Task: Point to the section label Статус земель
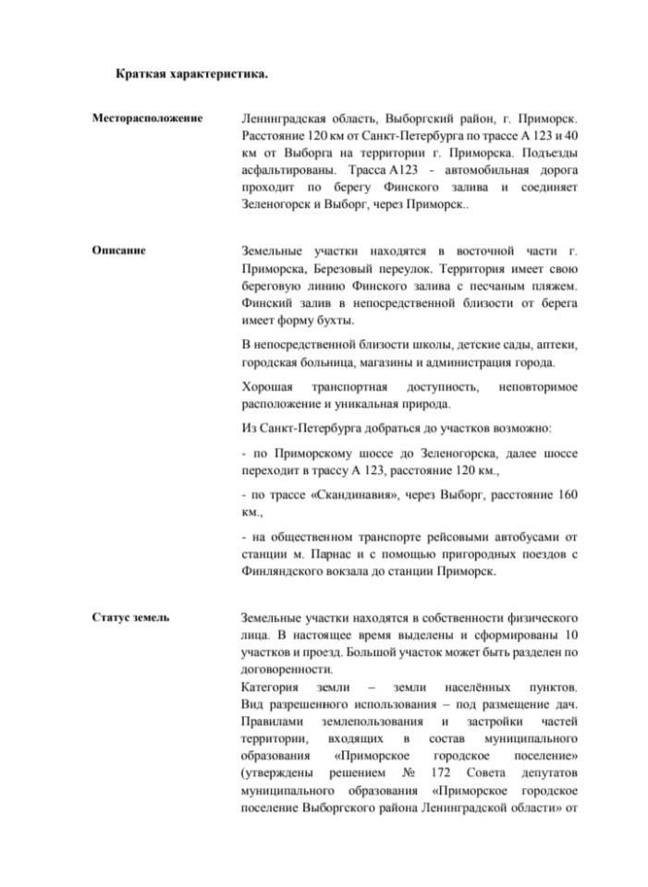130,617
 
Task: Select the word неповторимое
539,386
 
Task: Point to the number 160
569,494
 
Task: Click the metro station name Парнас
346,553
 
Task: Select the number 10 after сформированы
570,635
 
